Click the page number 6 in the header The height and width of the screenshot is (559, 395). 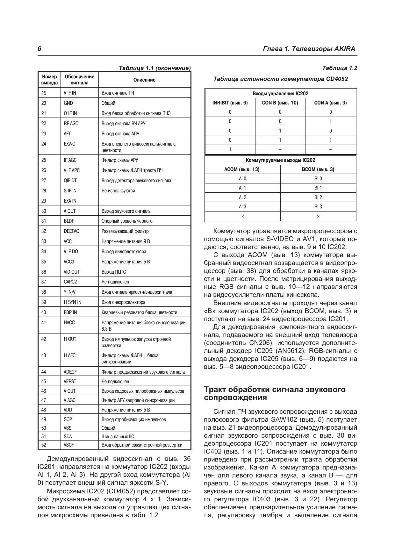(x=39, y=49)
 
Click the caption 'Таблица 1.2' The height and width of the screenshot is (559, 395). (x=340, y=68)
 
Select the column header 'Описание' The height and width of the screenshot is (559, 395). (x=144, y=80)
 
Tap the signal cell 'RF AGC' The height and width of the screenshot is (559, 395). (x=71, y=124)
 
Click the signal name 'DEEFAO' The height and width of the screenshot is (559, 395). (x=71, y=231)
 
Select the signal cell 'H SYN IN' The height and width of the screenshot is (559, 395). (x=72, y=302)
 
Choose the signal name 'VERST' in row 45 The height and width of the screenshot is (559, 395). (x=70, y=382)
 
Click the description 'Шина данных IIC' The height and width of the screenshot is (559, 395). (x=117, y=437)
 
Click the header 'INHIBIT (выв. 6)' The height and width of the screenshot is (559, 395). (x=230, y=103)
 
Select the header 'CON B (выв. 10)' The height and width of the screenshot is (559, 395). (x=280, y=103)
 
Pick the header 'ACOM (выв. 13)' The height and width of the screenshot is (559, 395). (x=242, y=169)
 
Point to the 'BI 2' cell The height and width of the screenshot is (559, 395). (x=318, y=197)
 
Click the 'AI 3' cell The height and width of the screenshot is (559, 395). (x=242, y=207)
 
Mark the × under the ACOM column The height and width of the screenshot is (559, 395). (x=242, y=217)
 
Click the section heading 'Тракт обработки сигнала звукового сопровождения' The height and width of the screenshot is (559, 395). (x=275, y=393)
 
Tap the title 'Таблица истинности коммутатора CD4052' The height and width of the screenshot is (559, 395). (x=281, y=79)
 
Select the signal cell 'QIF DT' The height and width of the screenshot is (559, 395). (x=70, y=181)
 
